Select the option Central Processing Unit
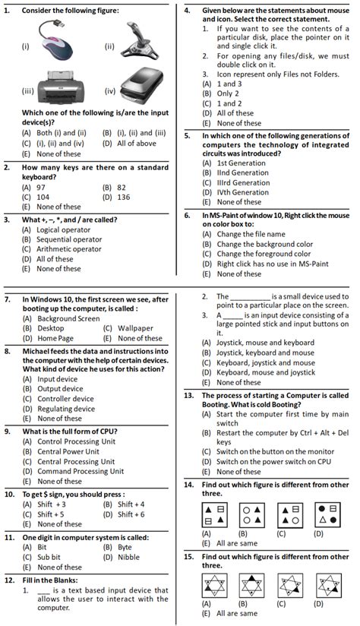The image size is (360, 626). [75, 461]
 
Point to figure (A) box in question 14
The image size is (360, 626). [214, 514]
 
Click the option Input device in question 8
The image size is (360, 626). [57, 378]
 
